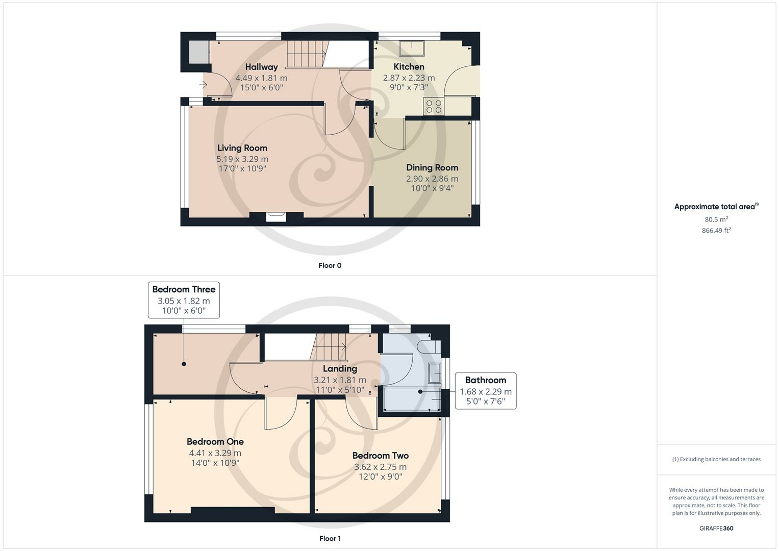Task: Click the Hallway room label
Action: coord(261,67)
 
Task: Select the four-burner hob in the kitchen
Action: coord(434,106)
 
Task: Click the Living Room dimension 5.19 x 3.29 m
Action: coord(242,159)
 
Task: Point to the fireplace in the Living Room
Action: coord(277,217)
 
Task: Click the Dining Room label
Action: coord(432,167)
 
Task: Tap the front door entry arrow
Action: coord(204,85)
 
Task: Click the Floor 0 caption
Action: coord(330,265)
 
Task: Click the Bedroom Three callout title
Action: coord(184,289)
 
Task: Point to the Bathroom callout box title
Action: coord(485,380)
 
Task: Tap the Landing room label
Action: coord(340,368)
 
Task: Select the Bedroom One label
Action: coord(215,442)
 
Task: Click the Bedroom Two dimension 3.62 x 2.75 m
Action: coord(380,467)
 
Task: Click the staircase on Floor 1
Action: coord(329,347)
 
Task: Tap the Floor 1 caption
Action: coord(330,538)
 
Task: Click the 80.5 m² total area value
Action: coord(716,219)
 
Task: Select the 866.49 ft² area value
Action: coord(716,231)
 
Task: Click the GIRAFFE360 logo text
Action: coord(716,528)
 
